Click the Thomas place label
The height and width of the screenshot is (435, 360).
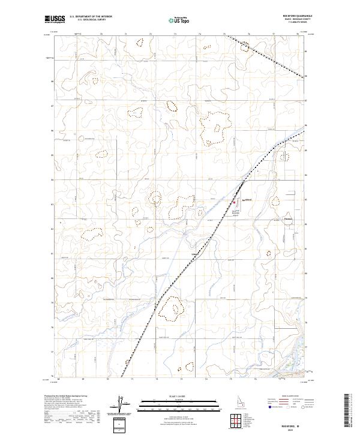click(x=289, y=220)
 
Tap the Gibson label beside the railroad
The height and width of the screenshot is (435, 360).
click(x=194, y=254)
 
